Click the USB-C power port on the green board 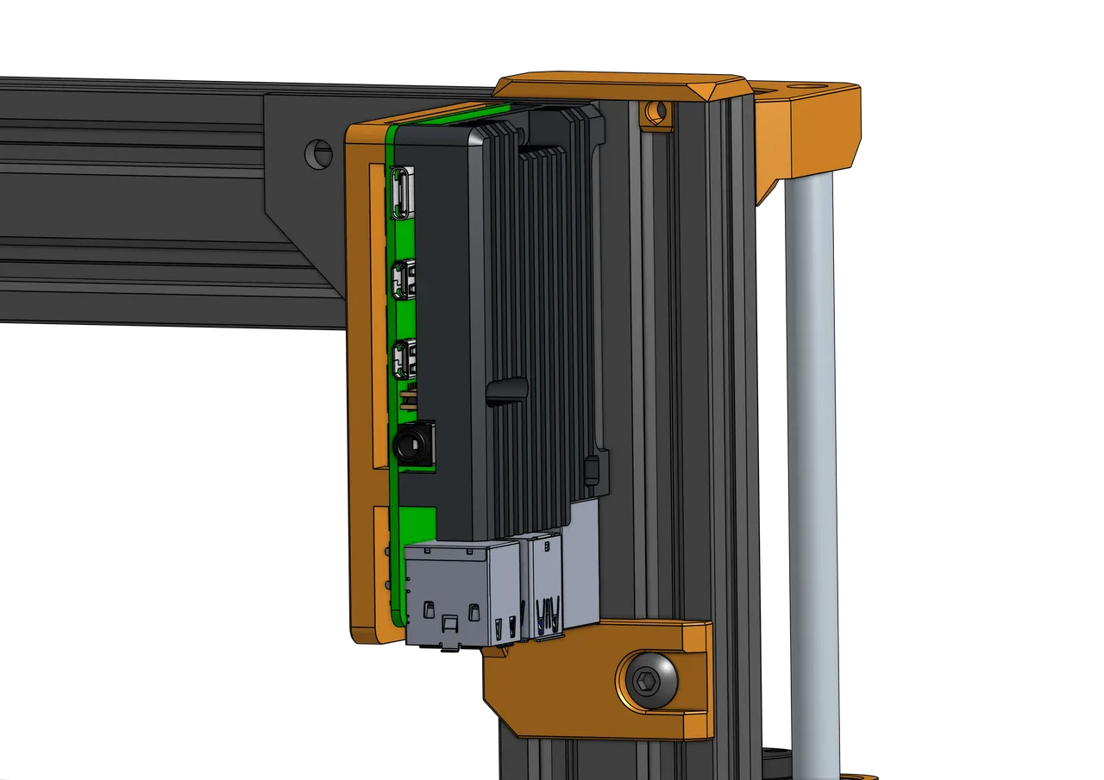point(403,192)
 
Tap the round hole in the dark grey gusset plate point(317,153)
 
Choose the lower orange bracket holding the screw point(595,690)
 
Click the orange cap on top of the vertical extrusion point(621,88)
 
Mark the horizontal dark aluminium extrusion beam point(129,198)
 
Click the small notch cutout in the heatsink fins point(507,390)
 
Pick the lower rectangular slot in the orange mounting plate point(380,565)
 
